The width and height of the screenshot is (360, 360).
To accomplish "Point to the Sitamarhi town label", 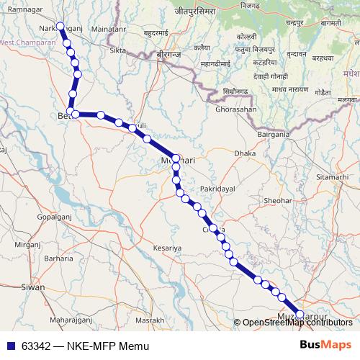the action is (330, 176).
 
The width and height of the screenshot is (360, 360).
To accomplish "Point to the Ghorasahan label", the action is (235, 109).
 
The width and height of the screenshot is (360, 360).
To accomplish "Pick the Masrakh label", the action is (150, 320).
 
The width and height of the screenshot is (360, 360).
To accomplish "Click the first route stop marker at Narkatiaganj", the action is (61, 27).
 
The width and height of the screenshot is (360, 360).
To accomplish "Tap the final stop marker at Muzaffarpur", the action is (300, 314).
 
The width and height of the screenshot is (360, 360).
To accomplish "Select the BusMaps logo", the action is (325, 345).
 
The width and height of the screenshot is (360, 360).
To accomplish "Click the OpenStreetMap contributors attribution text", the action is (297, 322).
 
